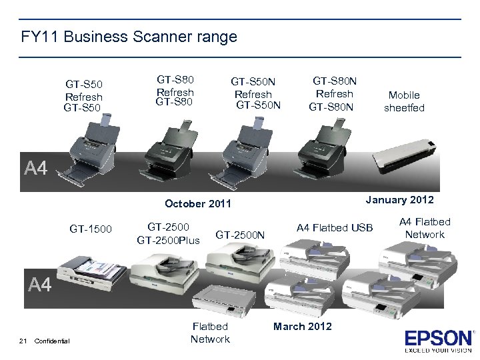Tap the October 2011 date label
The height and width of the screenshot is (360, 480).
point(197,203)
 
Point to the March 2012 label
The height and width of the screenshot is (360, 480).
point(302,326)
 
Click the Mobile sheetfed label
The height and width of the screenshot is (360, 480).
point(404,101)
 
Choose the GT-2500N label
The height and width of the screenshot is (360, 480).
point(240,234)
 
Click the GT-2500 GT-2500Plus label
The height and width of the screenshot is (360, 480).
point(168,233)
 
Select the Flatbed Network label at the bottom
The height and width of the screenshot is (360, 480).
point(210,333)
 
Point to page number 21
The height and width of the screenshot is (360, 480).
point(23,341)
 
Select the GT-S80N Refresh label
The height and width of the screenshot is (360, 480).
point(334,93)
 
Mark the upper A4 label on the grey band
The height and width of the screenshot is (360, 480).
point(36,168)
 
